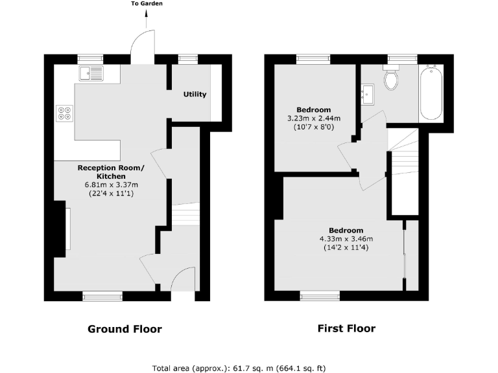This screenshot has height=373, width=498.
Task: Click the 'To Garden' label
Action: click(x=147, y=4)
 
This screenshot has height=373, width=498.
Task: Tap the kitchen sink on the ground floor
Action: click(x=91, y=73)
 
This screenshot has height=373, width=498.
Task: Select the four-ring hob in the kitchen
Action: click(x=65, y=113)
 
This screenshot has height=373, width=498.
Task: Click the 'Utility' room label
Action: click(x=195, y=95)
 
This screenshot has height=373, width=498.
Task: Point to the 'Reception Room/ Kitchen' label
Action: click(x=112, y=172)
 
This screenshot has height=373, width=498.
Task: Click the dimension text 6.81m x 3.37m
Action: click(x=112, y=185)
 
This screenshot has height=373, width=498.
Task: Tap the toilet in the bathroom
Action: click(x=391, y=79)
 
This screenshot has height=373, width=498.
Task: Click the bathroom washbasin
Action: click(x=368, y=95)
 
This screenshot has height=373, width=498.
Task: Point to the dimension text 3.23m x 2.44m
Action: click(x=314, y=119)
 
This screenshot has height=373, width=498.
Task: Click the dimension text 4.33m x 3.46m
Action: click(x=346, y=239)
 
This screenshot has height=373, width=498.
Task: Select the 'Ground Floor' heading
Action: click(x=124, y=329)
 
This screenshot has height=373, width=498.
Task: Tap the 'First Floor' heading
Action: click(x=346, y=328)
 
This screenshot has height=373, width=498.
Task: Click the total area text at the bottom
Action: click(x=239, y=368)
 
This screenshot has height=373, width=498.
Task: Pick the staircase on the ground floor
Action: click(x=186, y=214)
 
